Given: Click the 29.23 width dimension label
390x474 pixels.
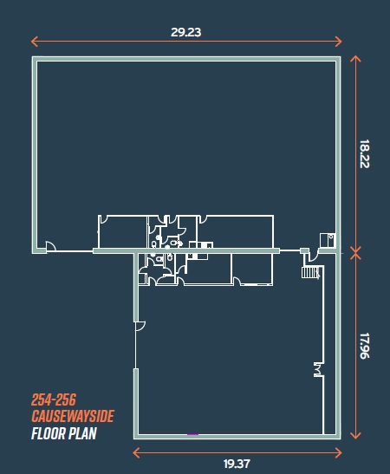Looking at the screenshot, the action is tap(185, 32).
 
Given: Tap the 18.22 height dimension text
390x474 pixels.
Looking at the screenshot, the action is tap(365, 153).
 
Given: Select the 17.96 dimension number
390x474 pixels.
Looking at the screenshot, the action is tap(365, 346).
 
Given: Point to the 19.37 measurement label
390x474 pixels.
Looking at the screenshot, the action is tap(237, 464).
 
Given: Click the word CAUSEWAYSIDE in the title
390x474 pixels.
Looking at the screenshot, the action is tap(73, 416).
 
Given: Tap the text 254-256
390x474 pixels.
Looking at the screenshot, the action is tap(54, 399).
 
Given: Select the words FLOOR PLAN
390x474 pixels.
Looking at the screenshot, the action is tap(64, 433).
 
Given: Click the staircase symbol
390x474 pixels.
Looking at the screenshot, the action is tap(310, 272).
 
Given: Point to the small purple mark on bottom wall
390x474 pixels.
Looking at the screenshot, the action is tap(193, 434).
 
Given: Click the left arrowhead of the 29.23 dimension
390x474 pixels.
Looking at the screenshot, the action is tap(34, 41).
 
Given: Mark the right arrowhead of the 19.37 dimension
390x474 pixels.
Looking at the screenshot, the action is tap(339, 452).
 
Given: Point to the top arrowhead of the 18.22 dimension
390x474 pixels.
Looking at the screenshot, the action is tap(355, 58).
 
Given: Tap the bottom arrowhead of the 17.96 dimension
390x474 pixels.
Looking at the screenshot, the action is tap(355, 436).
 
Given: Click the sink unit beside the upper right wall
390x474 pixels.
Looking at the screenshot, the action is tap(328, 240).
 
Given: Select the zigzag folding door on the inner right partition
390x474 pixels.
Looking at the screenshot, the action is tap(318, 369).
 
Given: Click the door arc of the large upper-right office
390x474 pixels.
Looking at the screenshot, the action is tap(202, 219).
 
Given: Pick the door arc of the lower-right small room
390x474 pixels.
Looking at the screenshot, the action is tap(237, 282).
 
